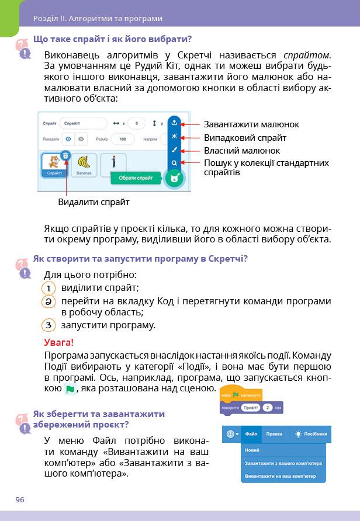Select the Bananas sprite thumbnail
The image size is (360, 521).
coord(85,164)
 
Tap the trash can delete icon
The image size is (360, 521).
coord(66,155)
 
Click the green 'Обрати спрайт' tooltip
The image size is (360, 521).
coord(136,178)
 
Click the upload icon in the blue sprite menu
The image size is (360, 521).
coord(174,124)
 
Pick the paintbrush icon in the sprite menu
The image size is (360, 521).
coord(174,150)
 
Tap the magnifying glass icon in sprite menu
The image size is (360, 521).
coord(174,162)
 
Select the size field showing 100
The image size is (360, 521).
coord(122,140)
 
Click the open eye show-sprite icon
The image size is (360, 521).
coord(68,140)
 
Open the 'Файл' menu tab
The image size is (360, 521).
coord(252,434)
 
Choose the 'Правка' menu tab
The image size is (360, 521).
coord(274,434)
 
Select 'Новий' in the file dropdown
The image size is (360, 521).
coord(252,450)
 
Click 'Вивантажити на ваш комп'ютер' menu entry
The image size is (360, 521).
coord(283,477)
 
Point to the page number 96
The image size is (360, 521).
coord(20,500)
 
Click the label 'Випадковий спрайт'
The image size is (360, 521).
coord(245,138)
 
